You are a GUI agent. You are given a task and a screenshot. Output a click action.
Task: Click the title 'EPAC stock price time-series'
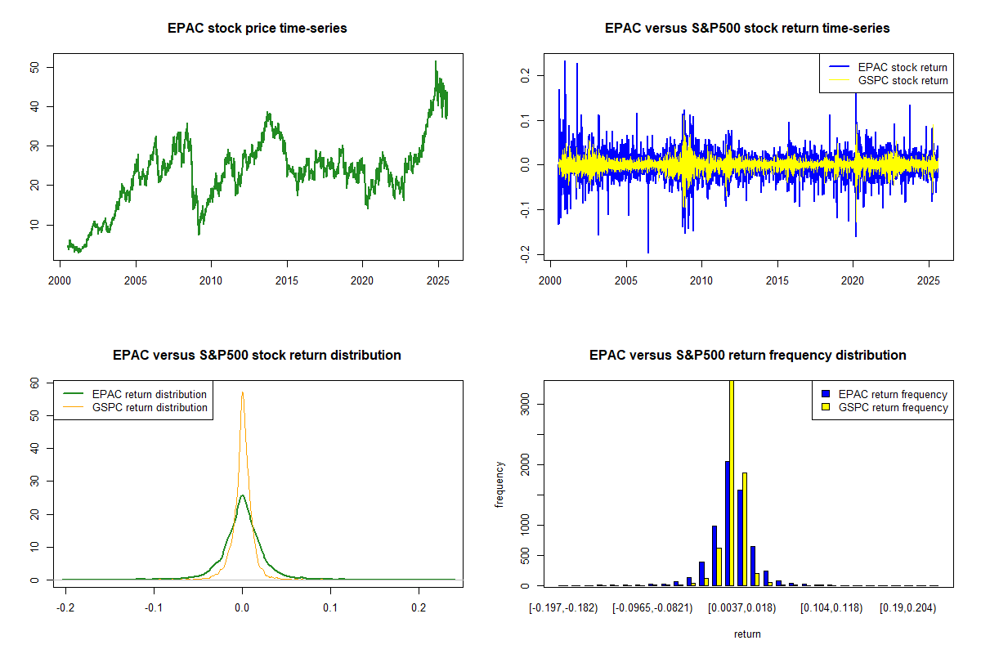(x=257, y=29)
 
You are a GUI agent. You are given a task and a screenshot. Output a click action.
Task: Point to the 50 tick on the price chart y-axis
(x=48, y=67)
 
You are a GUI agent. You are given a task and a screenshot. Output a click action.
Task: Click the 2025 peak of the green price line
(x=436, y=61)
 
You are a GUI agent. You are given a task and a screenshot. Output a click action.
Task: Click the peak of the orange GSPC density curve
(x=242, y=392)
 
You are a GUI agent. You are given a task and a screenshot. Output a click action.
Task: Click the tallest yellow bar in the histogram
(x=732, y=482)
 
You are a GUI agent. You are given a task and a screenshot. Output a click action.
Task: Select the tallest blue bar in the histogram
(x=727, y=523)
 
